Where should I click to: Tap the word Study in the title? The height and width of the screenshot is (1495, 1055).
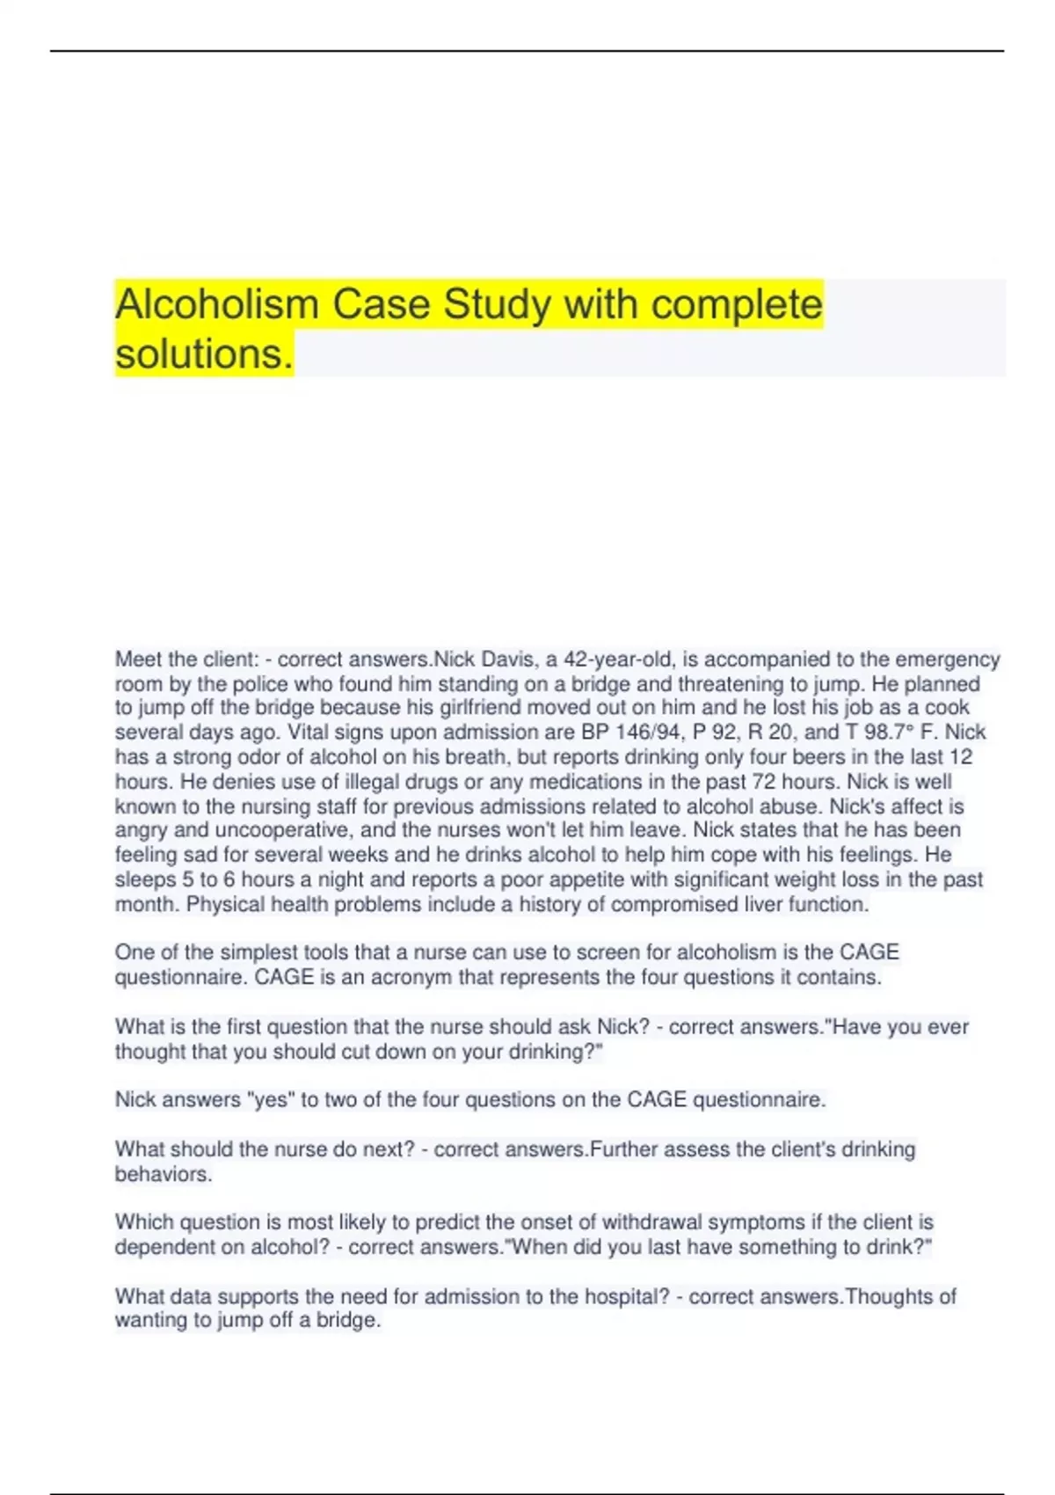tap(498, 304)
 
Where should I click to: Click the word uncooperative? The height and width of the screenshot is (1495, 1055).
tap(284, 830)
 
